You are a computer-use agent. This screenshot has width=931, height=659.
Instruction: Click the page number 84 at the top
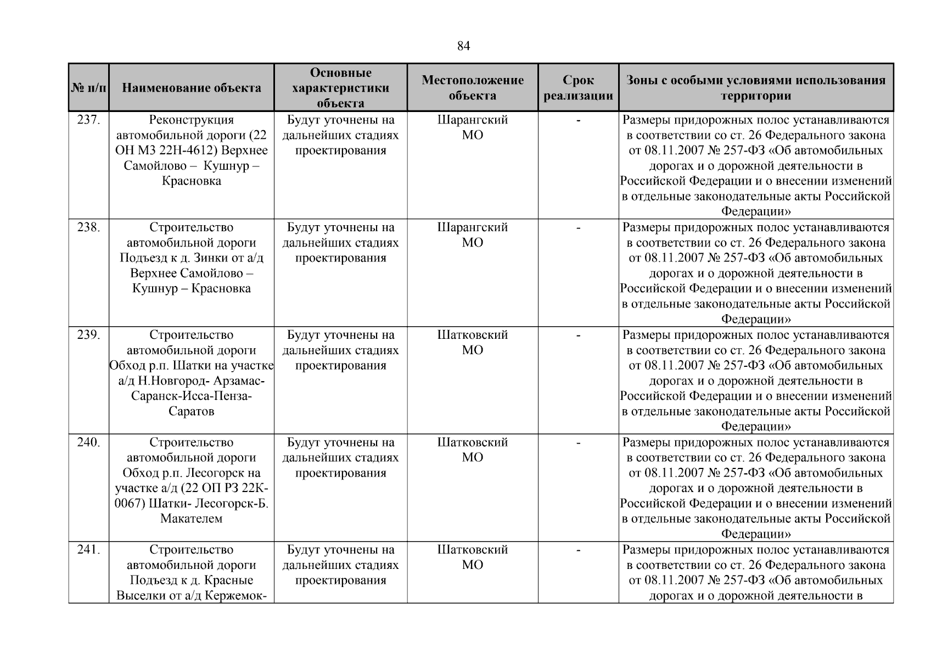click(x=463, y=46)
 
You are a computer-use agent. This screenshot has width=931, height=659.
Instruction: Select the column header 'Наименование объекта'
click(x=191, y=88)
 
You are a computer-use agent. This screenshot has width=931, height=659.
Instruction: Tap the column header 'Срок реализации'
click(x=578, y=88)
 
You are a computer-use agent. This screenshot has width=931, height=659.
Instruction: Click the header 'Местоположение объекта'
click(x=472, y=88)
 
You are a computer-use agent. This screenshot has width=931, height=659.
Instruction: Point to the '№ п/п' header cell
click(x=88, y=88)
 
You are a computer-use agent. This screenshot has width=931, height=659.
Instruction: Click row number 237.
click(x=88, y=120)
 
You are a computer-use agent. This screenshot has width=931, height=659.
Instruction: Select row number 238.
click(x=88, y=227)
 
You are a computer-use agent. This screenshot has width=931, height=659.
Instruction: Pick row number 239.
click(x=88, y=335)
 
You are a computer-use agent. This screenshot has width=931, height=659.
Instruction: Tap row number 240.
click(x=88, y=443)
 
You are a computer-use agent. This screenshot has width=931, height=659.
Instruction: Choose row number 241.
click(x=88, y=550)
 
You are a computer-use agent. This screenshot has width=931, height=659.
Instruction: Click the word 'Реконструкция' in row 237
click(x=191, y=120)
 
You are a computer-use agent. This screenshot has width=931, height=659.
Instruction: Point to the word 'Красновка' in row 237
click(x=191, y=181)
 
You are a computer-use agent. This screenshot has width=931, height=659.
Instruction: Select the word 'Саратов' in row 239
click(x=191, y=411)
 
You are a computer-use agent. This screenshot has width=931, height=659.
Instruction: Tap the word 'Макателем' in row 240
click(x=191, y=519)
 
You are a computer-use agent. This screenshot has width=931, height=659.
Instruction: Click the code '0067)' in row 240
click(x=131, y=504)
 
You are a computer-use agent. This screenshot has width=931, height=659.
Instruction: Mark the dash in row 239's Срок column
click(x=578, y=335)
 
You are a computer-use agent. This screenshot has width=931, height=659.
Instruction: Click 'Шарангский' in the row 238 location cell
click(x=472, y=227)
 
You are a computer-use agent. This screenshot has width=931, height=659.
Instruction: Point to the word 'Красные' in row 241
click(x=230, y=580)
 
